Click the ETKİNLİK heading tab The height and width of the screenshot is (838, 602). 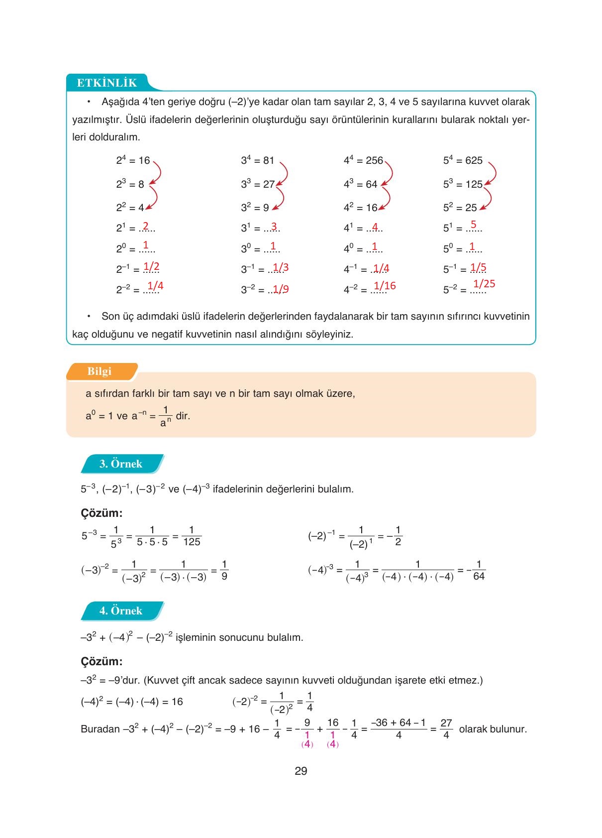coord(106,83)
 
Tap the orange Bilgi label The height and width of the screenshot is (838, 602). coord(100,371)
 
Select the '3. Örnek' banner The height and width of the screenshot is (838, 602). coord(121,464)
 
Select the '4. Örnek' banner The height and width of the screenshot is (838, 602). coord(121,611)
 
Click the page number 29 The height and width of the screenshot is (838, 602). coord(301,771)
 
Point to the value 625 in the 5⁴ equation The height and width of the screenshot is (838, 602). coord(474,160)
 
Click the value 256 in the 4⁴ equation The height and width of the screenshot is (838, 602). coord(374,160)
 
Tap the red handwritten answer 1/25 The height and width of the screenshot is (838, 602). coord(484,284)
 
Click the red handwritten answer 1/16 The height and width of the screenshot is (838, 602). coord(385,286)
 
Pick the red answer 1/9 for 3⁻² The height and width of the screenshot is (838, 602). coord(281,289)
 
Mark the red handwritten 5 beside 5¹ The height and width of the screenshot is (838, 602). coord(473,225)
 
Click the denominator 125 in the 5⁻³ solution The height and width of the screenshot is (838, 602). coord(192,542)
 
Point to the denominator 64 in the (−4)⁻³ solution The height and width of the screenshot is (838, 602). coord(479,577)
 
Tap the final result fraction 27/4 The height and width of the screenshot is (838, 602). coord(446,728)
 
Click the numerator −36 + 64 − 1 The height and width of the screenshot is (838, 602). coord(399,722)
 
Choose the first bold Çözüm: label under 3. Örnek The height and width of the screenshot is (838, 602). coord(101,513)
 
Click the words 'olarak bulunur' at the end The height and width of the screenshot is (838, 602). coord(493,729)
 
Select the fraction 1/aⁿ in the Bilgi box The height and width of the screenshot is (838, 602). coord(166,416)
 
